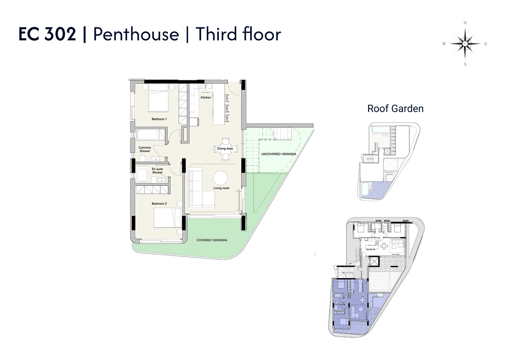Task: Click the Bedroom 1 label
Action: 159,119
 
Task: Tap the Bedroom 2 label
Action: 159,204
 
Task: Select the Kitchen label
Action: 206,97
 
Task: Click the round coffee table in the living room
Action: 220,178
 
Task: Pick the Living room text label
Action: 221,188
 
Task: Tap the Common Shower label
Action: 145,149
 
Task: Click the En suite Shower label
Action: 157,171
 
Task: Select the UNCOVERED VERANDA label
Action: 279,154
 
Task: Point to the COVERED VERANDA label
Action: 212,240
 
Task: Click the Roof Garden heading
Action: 395,108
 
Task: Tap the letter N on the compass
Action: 465,23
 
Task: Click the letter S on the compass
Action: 465,64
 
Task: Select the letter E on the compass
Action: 486,44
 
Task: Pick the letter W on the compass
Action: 444,44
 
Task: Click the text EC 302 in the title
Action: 47,34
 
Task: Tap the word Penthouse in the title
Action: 136,34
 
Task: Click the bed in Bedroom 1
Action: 158,98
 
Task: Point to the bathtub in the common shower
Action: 150,135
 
